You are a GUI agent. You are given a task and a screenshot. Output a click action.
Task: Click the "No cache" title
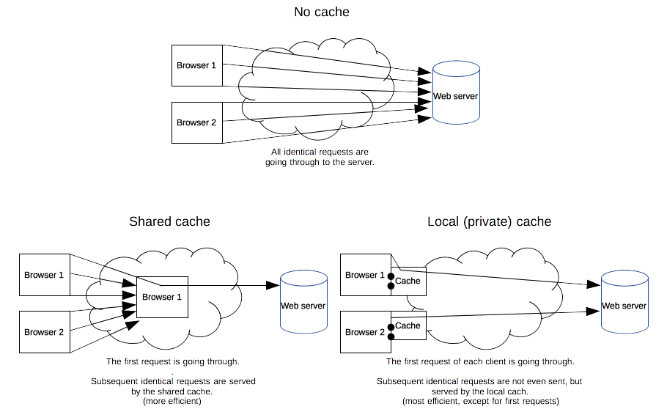[321, 12]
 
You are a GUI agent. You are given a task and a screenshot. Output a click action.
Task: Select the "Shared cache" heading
[169, 221]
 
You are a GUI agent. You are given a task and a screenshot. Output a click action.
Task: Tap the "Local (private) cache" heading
[489, 221]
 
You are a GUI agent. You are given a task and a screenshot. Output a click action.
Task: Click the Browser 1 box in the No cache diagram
[196, 65]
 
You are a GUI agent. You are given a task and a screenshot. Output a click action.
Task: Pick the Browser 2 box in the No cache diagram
[196, 122]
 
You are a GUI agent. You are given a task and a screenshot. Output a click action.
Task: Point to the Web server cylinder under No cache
[456, 93]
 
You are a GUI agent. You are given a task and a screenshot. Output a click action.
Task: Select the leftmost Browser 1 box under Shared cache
[44, 275]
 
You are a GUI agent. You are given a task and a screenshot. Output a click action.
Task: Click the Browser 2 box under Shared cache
[44, 332]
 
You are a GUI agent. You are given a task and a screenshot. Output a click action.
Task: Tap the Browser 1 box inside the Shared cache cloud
[162, 297]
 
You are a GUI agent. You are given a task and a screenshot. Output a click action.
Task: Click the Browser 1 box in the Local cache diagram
[365, 275]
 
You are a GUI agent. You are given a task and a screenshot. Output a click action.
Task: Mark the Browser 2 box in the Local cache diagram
[365, 332]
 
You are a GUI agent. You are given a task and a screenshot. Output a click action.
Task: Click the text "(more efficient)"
[172, 401]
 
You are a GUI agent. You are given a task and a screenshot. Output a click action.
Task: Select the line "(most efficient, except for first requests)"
[479, 401]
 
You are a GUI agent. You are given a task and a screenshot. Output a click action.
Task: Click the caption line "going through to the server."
[320, 162]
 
